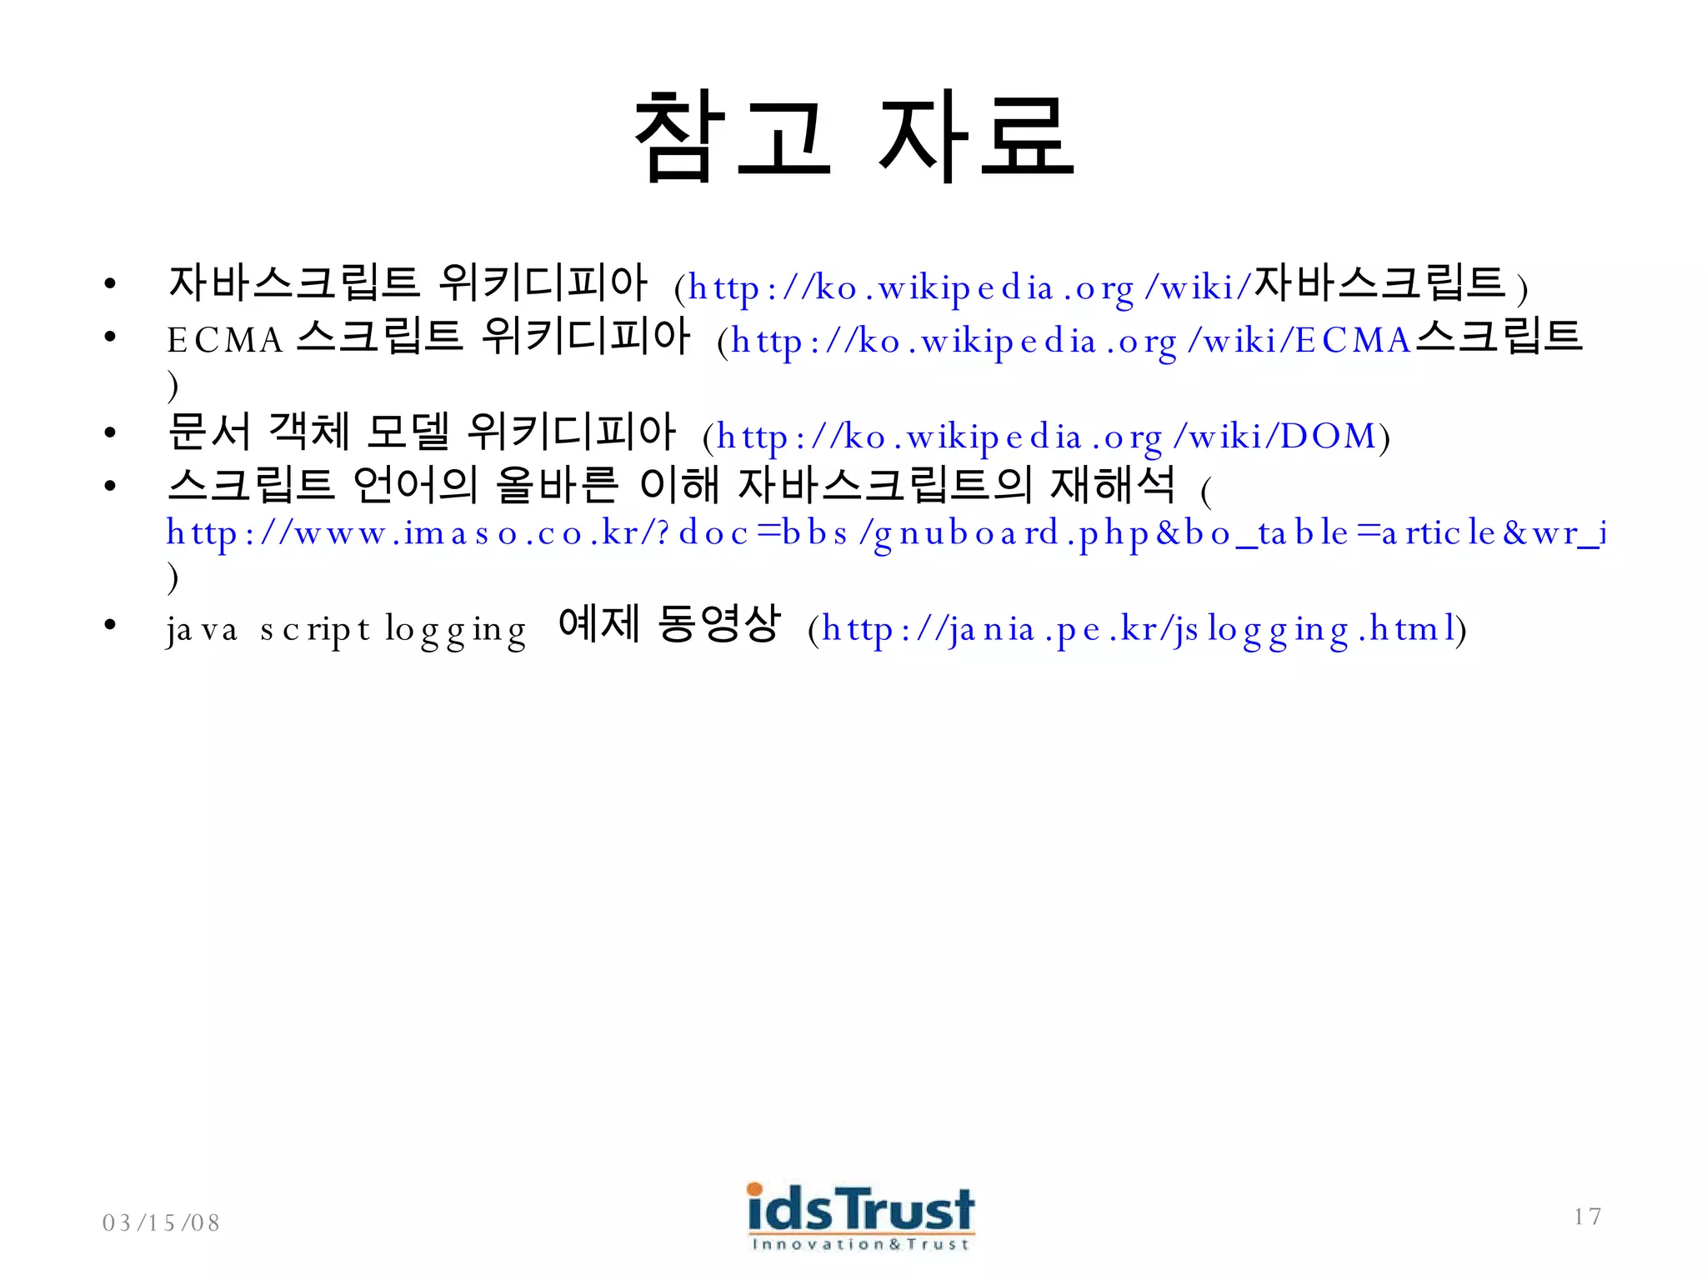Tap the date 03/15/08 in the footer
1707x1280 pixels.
161,1222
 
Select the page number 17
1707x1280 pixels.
1587,1217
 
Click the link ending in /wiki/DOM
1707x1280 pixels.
1046,437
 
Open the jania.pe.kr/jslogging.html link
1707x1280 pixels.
1139,629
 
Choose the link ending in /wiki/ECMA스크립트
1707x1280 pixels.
1155,340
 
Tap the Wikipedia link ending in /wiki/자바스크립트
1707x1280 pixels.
1097,287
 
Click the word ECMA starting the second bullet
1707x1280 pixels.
225,340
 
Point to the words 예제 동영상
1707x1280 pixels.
669,624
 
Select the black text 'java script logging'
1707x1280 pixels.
346,630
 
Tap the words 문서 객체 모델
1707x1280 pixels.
308,432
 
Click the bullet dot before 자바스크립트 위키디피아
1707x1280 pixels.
109,284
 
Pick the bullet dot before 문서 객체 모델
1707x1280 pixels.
109,432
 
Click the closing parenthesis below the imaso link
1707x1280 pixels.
173,577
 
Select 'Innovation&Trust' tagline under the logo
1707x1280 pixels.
860,1244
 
